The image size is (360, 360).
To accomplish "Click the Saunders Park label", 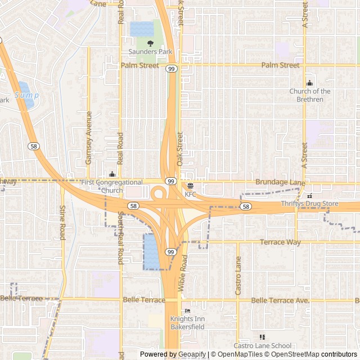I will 151,52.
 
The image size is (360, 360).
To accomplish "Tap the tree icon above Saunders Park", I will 150,43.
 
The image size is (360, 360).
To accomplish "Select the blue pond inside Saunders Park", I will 142,29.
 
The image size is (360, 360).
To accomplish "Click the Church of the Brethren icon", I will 309,83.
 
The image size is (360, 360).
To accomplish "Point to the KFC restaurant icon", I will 190,186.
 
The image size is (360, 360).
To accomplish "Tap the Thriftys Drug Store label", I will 309,204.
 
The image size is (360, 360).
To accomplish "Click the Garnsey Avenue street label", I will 88,138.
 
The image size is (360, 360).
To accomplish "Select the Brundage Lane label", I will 280,183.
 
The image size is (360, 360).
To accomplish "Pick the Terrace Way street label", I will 280,242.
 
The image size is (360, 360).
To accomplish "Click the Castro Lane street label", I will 238,276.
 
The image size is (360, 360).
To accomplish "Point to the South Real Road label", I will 120,238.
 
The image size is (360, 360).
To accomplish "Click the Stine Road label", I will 62,222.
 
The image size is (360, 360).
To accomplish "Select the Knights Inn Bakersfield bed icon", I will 187,311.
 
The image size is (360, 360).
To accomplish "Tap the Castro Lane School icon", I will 262,337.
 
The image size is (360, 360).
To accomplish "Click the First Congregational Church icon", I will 112,174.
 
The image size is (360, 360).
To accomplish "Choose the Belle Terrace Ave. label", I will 280,301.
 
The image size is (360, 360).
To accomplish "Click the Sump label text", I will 26,96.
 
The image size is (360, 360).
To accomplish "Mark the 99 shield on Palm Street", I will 170,69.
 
